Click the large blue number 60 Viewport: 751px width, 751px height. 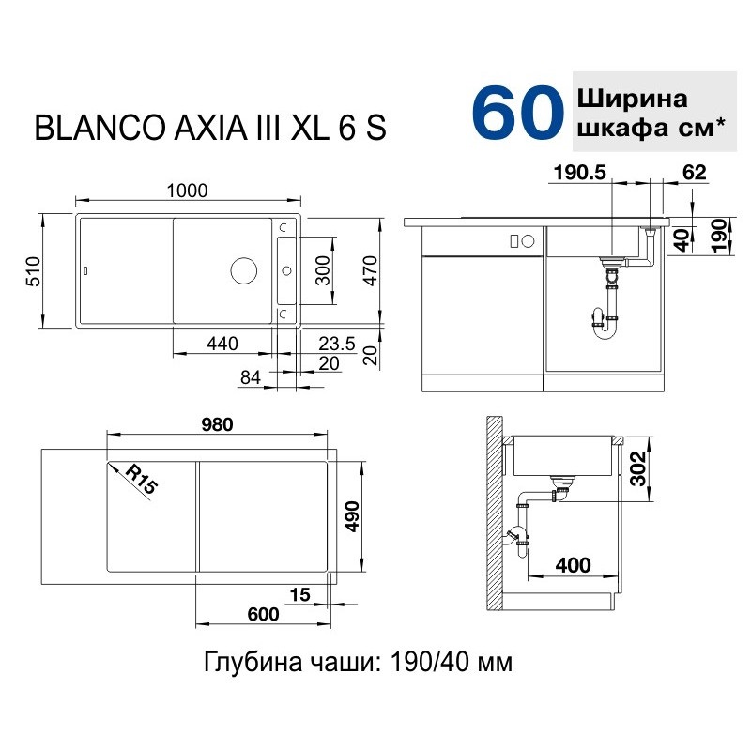518,113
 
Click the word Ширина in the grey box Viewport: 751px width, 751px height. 632,100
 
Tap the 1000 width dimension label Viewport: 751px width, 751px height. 187,191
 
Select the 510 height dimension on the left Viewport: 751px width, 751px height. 33,271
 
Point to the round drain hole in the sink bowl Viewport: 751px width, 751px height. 244,270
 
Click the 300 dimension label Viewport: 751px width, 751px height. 323,270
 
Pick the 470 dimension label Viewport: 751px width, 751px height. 371,270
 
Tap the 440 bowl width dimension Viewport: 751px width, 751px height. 222,344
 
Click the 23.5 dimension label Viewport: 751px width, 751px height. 337,344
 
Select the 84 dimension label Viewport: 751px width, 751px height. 251,377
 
